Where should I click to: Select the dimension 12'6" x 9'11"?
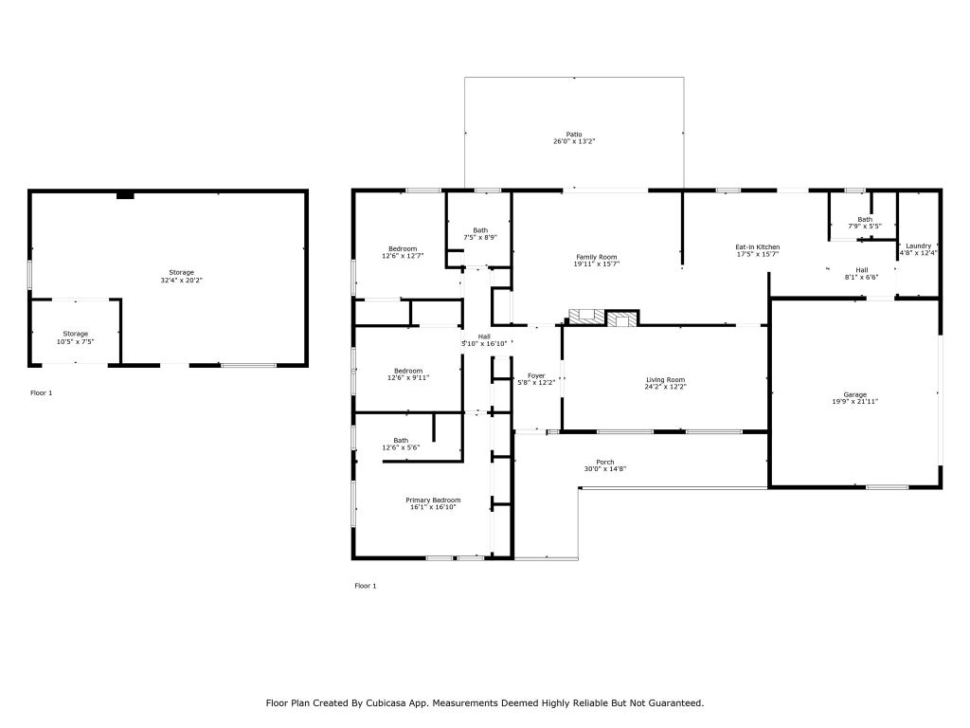408,377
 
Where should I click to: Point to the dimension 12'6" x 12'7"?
403,256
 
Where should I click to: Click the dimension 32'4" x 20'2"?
181,280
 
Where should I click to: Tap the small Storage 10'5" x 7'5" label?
76,337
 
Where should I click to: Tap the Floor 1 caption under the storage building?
42,392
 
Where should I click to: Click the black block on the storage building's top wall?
126,195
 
